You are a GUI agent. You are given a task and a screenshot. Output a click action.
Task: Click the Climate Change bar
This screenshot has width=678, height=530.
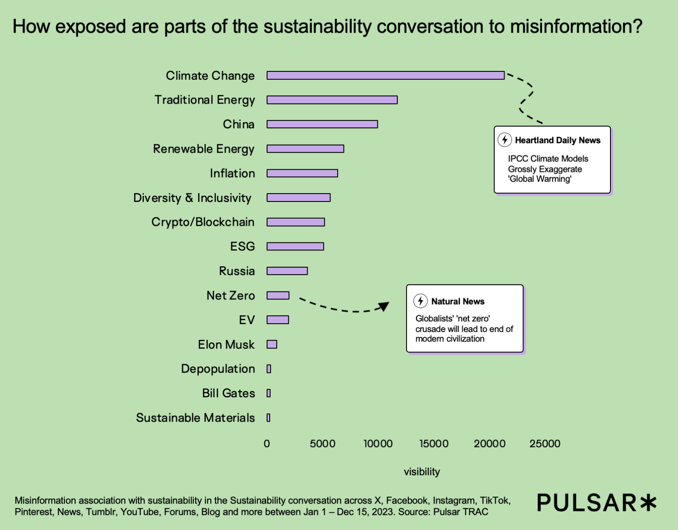point(385,75)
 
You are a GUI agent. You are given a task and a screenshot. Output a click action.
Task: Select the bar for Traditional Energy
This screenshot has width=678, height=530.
point(332,100)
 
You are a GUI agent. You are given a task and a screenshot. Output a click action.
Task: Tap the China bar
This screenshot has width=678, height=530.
point(322,124)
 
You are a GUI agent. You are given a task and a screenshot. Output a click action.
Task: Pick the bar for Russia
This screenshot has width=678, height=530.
point(287,271)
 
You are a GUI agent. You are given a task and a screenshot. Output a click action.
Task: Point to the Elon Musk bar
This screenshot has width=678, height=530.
point(272,344)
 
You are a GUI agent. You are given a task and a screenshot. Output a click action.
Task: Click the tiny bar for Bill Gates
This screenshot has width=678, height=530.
point(269,393)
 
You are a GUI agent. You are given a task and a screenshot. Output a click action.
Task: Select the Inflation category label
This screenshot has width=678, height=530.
point(232,173)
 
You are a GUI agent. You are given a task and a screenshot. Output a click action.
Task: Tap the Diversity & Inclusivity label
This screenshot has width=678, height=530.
point(192,198)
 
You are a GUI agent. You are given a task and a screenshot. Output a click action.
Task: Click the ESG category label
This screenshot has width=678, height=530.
point(242,246)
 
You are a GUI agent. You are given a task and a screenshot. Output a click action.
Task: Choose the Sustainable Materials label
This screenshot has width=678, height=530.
point(195,418)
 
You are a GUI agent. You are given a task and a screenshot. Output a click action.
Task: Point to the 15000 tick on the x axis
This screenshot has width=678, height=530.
point(434,444)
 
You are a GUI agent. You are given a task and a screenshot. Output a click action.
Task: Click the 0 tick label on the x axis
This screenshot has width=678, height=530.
point(267,444)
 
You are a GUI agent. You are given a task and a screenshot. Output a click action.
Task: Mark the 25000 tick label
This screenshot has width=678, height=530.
point(545,444)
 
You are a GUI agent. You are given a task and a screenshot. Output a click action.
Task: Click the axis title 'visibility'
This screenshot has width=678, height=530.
point(422,472)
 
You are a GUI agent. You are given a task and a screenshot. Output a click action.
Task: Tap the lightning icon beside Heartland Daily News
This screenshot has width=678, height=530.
point(505,140)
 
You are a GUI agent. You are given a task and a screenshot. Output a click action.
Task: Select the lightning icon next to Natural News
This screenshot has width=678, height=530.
point(420,301)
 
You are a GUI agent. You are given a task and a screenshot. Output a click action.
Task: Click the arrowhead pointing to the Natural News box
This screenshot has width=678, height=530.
point(384,306)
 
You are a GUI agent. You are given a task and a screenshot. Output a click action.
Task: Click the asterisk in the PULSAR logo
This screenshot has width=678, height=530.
point(648,503)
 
